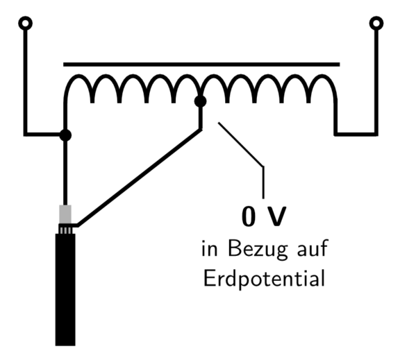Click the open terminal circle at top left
(x=25, y=23)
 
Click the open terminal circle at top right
(x=376, y=23)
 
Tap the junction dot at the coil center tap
(x=200, y=101)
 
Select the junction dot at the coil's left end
(x=65, y=135)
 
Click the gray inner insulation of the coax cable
(x=65, y=214)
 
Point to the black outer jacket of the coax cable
(x=65, y=290)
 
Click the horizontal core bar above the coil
(x=201, y=65)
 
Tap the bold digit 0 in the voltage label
(x=249, y=216)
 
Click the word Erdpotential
(x=265, y=279)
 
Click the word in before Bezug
(x=210, y=248)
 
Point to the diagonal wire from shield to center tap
(x=140, y=178)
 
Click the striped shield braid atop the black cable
(x=66, y=230)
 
